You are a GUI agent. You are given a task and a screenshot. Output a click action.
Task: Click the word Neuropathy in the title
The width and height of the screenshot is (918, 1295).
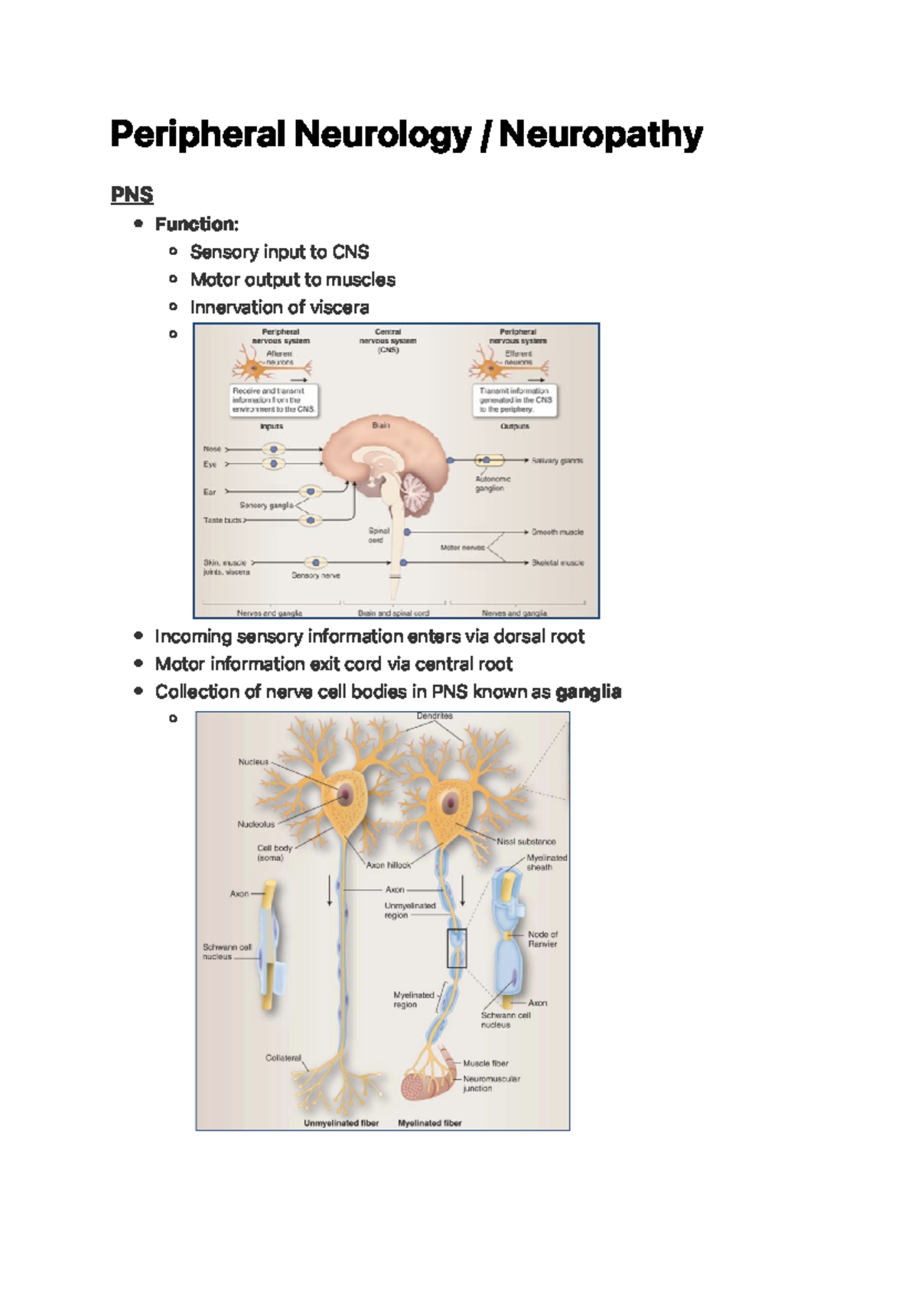601,135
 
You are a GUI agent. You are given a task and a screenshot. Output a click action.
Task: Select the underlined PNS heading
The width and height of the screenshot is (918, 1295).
132,194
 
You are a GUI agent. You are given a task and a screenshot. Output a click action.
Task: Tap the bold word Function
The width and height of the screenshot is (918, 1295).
196,224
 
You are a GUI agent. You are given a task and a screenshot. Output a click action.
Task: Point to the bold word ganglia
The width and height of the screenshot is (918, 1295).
588,692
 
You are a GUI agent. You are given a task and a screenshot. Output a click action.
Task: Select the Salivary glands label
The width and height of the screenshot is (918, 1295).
557,461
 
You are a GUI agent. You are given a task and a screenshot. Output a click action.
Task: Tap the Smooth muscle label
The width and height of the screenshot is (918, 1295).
557,532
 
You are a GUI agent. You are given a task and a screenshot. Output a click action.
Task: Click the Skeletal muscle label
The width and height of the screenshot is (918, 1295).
558,563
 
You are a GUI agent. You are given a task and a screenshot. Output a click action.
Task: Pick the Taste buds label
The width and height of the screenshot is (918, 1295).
222,520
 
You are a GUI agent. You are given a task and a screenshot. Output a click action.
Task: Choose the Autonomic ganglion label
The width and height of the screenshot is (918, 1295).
493,483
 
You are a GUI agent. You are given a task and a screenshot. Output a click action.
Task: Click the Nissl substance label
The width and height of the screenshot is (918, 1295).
526,841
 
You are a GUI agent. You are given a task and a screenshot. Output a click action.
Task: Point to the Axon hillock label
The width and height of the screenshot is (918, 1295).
389,865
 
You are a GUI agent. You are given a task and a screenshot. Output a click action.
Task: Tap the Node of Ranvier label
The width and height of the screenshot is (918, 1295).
542,939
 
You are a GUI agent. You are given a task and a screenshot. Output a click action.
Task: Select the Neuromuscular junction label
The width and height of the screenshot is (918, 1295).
490,1083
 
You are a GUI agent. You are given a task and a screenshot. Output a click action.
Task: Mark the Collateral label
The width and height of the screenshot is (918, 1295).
283,1058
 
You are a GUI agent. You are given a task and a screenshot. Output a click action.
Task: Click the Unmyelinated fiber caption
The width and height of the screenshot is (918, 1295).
341,1123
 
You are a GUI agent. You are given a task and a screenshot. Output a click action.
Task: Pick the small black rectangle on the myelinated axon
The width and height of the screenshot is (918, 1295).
457,948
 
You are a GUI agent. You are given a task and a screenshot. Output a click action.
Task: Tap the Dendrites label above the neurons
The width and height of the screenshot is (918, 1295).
435,716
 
